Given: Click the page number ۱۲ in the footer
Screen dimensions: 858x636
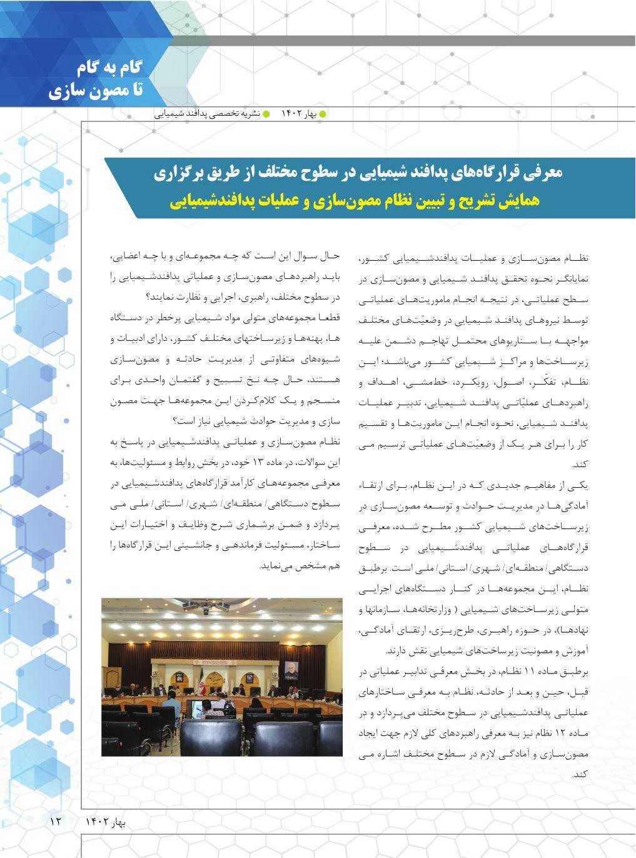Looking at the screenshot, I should tap(54, 820).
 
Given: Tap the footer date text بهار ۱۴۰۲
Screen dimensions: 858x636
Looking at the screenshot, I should tap(106, 821).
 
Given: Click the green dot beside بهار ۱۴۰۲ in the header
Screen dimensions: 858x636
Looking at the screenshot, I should tap(323, 114).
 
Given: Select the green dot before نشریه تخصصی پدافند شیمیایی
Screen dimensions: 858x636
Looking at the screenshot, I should tap(266, 114).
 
